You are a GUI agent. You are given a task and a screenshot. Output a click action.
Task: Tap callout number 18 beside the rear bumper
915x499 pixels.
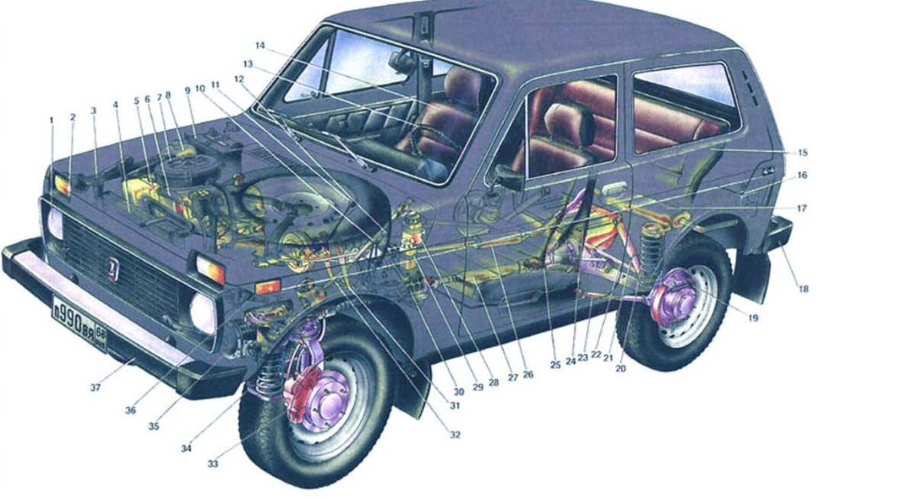(x=803, y=289)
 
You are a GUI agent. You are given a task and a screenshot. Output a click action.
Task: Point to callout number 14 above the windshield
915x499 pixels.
(x=260, y=46)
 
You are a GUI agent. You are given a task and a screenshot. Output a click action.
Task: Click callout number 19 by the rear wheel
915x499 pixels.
(x=753, y=317)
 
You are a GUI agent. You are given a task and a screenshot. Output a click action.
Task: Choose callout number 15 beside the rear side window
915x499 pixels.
(x=801, y=153)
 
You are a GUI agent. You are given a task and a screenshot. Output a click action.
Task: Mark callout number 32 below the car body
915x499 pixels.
(x=455, y=435)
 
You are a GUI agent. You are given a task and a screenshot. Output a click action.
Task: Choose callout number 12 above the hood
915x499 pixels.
(x=239, y=79)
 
